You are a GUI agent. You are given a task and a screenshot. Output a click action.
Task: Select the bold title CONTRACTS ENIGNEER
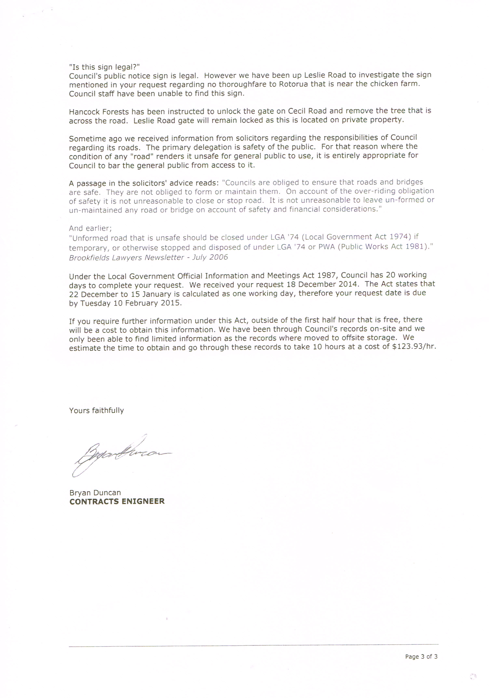pos(117,501)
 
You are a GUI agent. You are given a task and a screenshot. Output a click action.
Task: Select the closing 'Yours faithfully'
pos(96,410)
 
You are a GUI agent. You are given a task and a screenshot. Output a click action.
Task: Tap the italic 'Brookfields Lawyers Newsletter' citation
pos(126,257)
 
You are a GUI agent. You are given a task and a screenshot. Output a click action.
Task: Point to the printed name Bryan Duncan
pos(95,493)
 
